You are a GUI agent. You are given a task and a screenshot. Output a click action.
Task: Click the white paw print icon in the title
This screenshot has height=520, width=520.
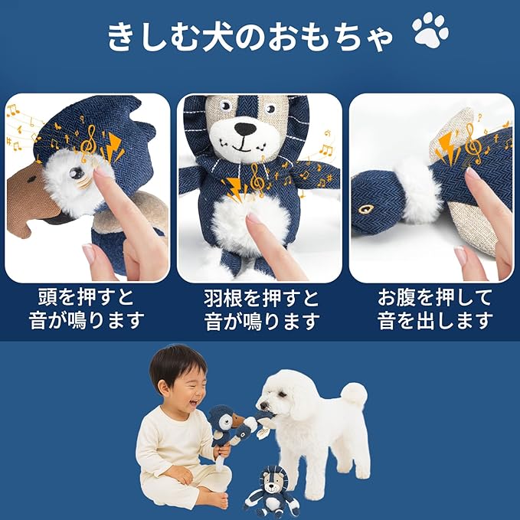click(x=430, y=31)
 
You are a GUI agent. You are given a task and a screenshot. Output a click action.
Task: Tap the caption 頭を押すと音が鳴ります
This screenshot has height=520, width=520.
click(x=87, y=309)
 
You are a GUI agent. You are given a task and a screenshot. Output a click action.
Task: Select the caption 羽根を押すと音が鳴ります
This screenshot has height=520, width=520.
click(x=261, y=309)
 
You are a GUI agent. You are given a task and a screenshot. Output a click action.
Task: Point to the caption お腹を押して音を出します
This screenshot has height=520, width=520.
click(x=434, y=309)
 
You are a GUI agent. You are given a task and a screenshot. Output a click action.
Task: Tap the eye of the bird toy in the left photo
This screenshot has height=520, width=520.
click(x=77, y=174)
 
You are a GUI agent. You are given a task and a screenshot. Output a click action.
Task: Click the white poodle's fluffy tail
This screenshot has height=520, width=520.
click(x=354, y=394)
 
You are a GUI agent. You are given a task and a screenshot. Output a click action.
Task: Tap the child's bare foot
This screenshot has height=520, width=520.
click(x=215, y=501)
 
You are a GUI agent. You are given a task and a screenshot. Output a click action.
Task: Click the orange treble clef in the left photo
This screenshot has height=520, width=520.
click(x=90, y=142)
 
